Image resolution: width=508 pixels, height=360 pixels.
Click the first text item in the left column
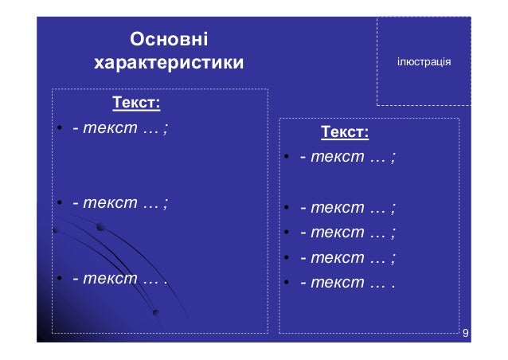tap(119, 129)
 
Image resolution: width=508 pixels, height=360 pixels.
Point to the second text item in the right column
tap(348, 209)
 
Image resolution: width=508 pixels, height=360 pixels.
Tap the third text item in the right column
tap(348, 233)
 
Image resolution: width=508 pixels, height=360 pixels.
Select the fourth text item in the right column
tap(348, 258)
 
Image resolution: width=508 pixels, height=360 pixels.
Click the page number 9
tap(464, 332)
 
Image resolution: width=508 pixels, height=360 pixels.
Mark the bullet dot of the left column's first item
tap(59, 130)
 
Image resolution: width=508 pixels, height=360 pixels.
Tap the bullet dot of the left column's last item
tap(59, 280)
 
